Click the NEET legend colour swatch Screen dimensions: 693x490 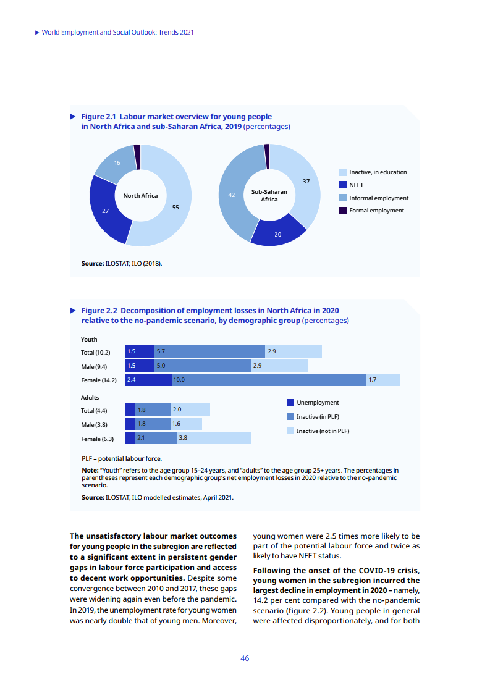click(x=343, y=185)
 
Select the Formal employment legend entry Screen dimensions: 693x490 click(x=376, y=211)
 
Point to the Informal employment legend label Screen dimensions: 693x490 click(x=378, y=198)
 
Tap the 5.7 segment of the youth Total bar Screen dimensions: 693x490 click(x=209, y=351)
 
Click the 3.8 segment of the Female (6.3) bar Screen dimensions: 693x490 click(x=214, y=438)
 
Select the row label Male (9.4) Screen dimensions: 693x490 click(x=94, y=366)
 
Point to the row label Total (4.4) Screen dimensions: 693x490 click(x=94, y=410)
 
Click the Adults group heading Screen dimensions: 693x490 click(x=90, y=397)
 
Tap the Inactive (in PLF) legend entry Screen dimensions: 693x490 click(x=318, y=417)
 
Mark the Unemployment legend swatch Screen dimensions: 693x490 click(x=290, y=403)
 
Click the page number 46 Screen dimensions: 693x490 click(x=245, y=658)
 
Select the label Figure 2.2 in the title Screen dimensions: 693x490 click(x=99, y=311)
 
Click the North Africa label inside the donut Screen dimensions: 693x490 click(x=140, y=196)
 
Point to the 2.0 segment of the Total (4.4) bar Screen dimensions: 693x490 click(x=190, y=409)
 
